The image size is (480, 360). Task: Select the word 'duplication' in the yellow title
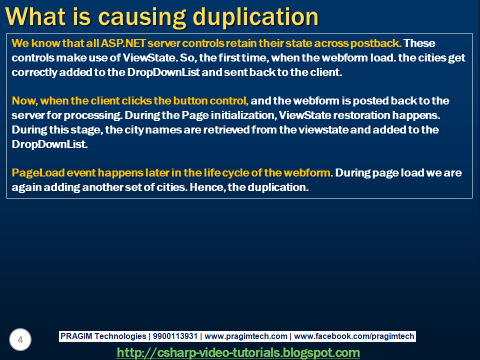[x=256, y=17]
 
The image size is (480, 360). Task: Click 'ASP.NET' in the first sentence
[x=123, y=43]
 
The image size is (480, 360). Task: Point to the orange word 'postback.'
[x=376, y=43]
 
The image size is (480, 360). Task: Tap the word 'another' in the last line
[x=102, y=187]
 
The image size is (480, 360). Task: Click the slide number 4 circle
[x=20, y=339]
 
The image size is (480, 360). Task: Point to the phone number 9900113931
[x=175, y=336]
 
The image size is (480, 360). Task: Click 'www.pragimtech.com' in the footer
[x=246, y=336]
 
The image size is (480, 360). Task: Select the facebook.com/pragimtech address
[x=354, y=336]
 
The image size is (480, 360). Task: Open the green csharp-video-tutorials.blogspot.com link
[x=238, y=352]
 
